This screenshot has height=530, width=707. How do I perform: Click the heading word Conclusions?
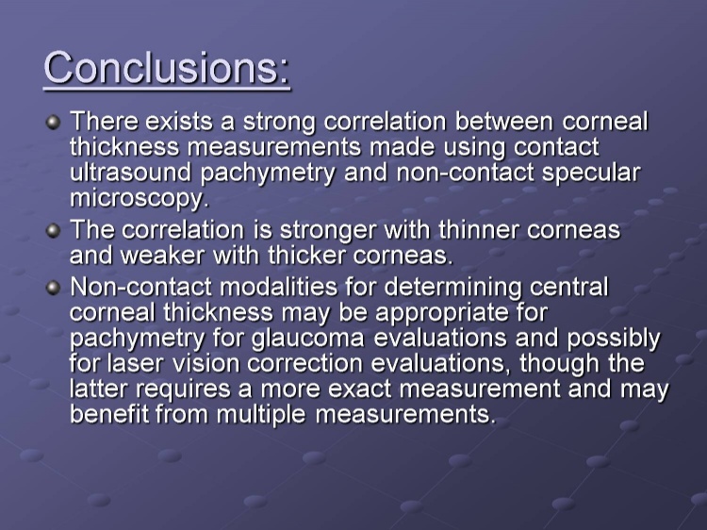166,68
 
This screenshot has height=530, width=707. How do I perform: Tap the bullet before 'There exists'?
53,123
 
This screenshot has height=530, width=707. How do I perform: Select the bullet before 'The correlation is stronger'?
53,231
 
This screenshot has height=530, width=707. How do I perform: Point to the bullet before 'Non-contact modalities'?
53,288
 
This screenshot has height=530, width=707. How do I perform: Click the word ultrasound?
131,173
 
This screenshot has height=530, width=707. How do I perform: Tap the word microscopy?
140,199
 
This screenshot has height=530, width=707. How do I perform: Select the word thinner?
478,229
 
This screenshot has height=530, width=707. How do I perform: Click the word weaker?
162,256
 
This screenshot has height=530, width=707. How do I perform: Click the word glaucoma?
308,340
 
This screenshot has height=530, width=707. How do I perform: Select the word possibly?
614,340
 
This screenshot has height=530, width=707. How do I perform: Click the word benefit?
109,414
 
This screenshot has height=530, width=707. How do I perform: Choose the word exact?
359,389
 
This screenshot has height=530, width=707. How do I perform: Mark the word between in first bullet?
503,122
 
